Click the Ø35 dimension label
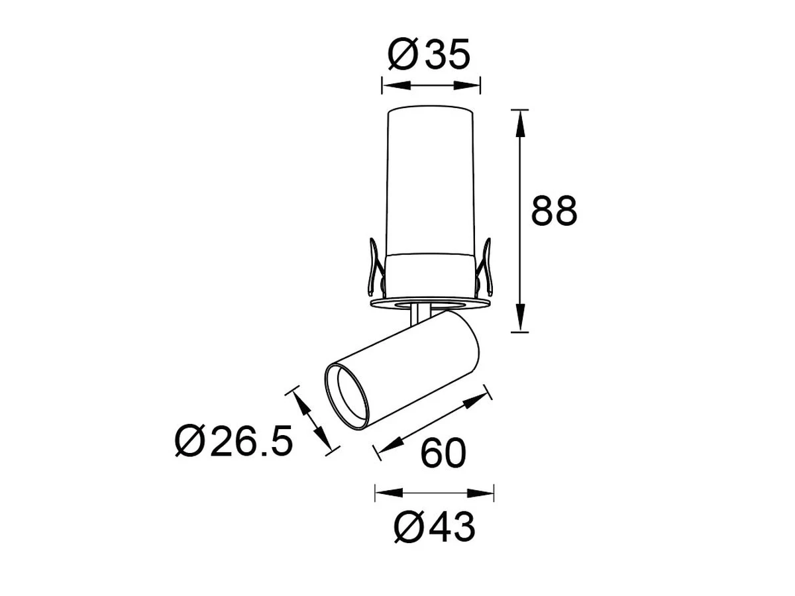click(x=429, y=54)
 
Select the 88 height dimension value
click(x=554, y=211)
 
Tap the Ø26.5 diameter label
click(x=234, y=441)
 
